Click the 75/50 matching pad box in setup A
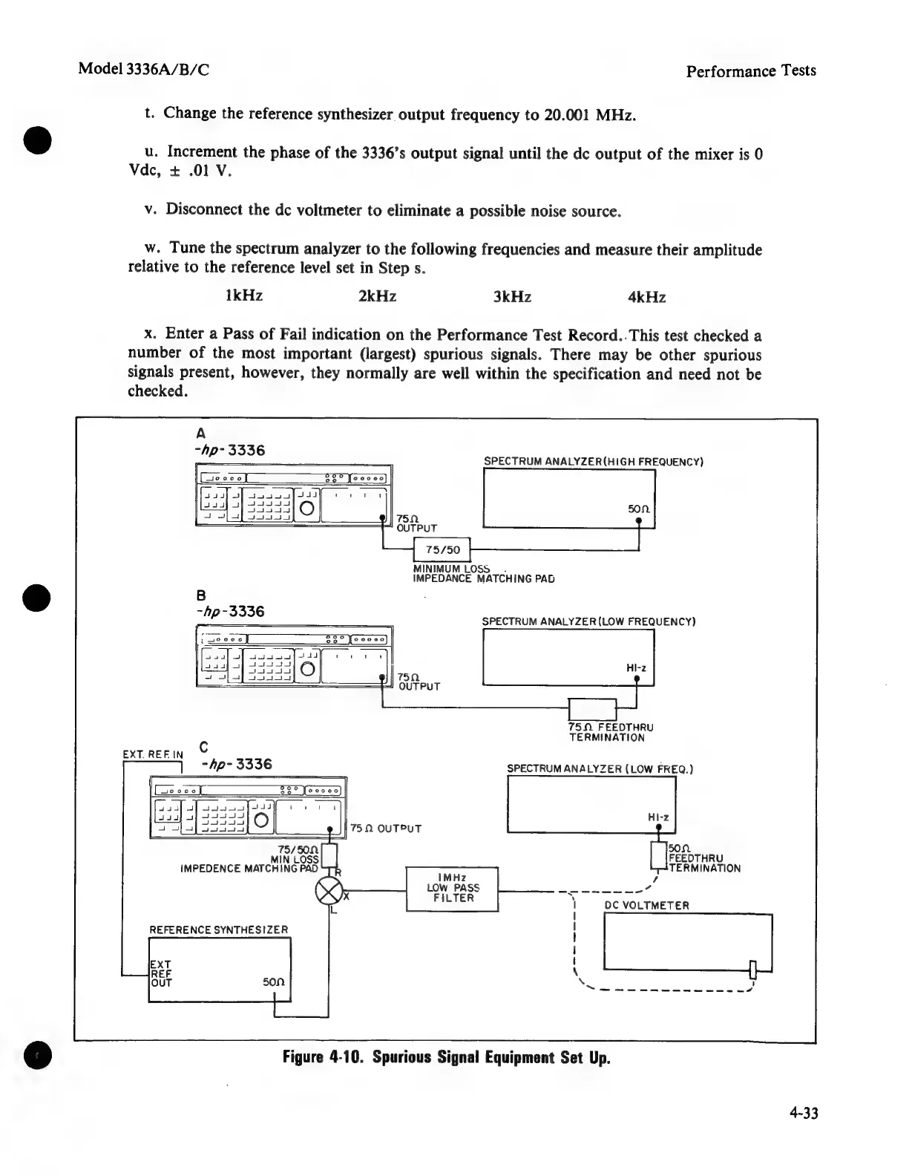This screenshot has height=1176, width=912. tap(442, 549)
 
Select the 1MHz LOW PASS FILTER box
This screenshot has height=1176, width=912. tap(452, 888)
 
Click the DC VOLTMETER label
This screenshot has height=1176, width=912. tap(647, 906)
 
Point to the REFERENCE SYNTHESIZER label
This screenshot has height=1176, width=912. tap(218, 930)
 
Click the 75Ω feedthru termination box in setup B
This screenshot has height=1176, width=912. tap(591, 709)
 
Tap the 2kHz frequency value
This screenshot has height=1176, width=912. tap(377, 297)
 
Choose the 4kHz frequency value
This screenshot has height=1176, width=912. tap(646, 298)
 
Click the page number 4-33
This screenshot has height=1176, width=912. tap(804, 1113)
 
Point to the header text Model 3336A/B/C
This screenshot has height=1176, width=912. tap(144, 70)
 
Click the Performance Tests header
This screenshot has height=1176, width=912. tap(750, 71)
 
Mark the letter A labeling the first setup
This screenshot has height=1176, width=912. tap(200, 434)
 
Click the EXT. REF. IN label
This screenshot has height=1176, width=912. tap(152, 754)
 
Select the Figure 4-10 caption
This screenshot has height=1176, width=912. tap(446, 1057)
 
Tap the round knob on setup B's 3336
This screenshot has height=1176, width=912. tap(308, 671)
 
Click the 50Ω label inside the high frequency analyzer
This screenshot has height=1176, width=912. tap(639, 509)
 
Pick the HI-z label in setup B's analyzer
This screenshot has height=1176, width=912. tap(635, 668)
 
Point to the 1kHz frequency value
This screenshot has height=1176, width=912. tap(243, 296)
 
